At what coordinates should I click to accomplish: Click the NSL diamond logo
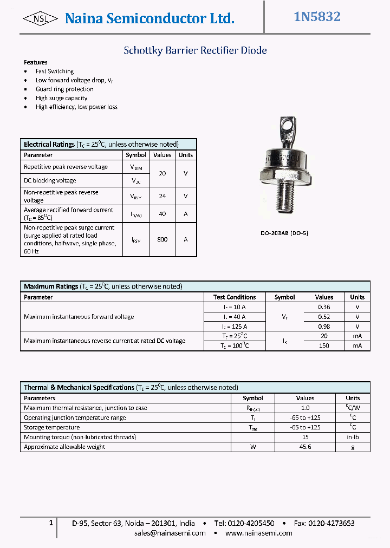click(x=41, y=18)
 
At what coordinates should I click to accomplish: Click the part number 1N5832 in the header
click(x=317, y=17)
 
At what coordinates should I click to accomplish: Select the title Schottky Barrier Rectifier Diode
click(x=195, y=50)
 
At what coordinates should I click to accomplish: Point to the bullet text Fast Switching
click(x=54, y=71)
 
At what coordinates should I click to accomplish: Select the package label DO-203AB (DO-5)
click(x=284, y=233)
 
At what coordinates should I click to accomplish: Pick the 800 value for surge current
click(x=162, y=239)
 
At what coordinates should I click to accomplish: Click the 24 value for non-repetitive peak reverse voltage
click(x=162, y=196)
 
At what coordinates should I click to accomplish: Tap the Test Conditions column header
click(x=235, y=297)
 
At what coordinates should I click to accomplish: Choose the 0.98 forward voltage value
click(x=324, y=327)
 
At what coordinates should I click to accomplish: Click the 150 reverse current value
click(x=324, y=346)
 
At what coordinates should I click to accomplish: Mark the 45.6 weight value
click(x=305, y=447)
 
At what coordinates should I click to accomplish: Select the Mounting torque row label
click(x=80, y=437)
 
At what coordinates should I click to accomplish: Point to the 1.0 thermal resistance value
click(x=305, y=408)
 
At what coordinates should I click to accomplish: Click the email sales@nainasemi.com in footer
click(x=170, y=533)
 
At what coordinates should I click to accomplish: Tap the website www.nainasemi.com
click(x=258, y=533)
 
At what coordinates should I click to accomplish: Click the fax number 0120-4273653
click(x=331, y=523)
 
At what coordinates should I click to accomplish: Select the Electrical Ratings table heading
click(x=49, y=145)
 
